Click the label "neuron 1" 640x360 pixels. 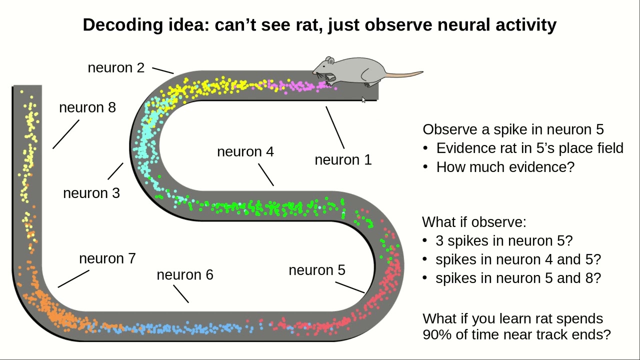pyautogui.click(x=343, y=160)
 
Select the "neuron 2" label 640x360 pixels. pyautogui.click(x=116, y=67)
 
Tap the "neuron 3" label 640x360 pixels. pyautogui.click(x=91, y=193)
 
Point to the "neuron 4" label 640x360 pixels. pyautogui.click(x=245, y=151)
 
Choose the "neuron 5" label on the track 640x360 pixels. pyautogui.click(x=317, y=270)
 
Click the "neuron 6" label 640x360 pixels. pyautogui.click(x=185, y=274)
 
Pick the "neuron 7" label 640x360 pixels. pyautogui.click(x=107, y=258)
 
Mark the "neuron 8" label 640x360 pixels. pyautogui.click(x=87, y=107)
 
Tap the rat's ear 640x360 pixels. pyautogui.click(x=330, y=61)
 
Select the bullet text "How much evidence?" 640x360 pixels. pyautogui.click(x=505, y=167)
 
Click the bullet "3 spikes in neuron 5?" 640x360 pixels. pyautogui.click(x=504, y=241)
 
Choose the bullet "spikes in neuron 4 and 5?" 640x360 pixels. pyautogui.click(x=518, y=259)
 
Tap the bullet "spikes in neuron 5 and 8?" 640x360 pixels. pyautogui.click(x=518, y=278)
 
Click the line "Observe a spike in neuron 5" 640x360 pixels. pyautogui.click(x=513, y=129)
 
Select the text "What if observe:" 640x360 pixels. pyautogui.click(x=474, y=222)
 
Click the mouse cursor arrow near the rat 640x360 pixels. pyautogui.click(x=363, y=100)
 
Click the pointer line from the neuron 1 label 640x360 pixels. pyautogui.click(x=335, y=127)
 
